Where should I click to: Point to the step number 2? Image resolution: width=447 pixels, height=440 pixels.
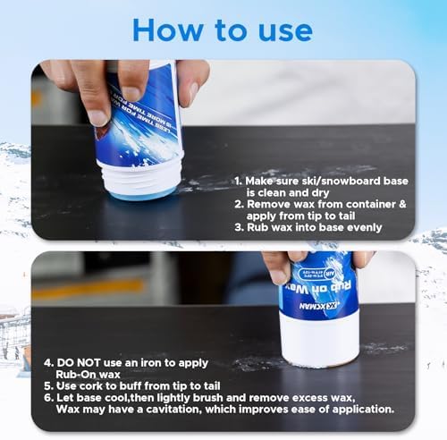pos(238,203)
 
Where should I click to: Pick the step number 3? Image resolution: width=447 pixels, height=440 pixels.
pos(238,226)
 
